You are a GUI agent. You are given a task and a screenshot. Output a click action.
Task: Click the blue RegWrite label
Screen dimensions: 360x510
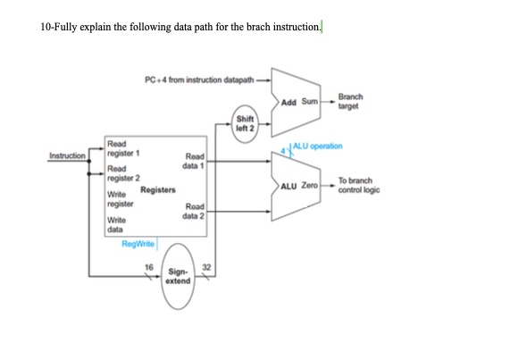pos(139,243)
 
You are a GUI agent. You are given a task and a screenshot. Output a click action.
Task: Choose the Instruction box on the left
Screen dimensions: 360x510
pos(68,155)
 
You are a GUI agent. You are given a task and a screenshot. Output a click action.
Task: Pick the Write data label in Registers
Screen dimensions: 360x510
pos(118,224)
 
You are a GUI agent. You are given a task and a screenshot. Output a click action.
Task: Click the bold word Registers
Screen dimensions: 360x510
pos(157,189)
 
